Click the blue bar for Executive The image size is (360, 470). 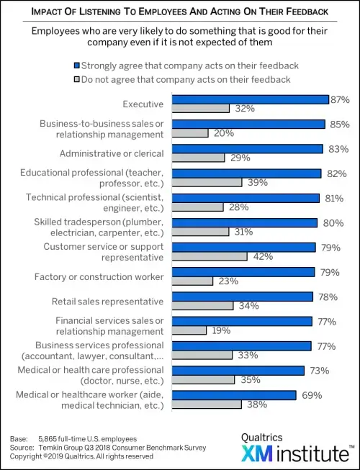[x=249, y=99]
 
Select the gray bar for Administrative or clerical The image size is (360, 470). [x=197, y=158]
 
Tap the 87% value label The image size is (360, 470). [x=340, y=99]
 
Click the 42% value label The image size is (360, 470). [x=258, y=256]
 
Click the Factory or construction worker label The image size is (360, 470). [x=99, y=276]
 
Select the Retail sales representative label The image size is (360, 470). [x=108, y=301]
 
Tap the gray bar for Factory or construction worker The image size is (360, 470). [x=192, y=281]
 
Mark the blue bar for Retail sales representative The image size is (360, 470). [x=241, y=297]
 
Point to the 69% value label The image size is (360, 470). [x=307, y=395]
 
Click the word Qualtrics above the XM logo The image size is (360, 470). [x=261, y=437]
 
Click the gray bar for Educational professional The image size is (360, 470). [x=206, y=182]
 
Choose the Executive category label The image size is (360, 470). [x=143, y=104]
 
